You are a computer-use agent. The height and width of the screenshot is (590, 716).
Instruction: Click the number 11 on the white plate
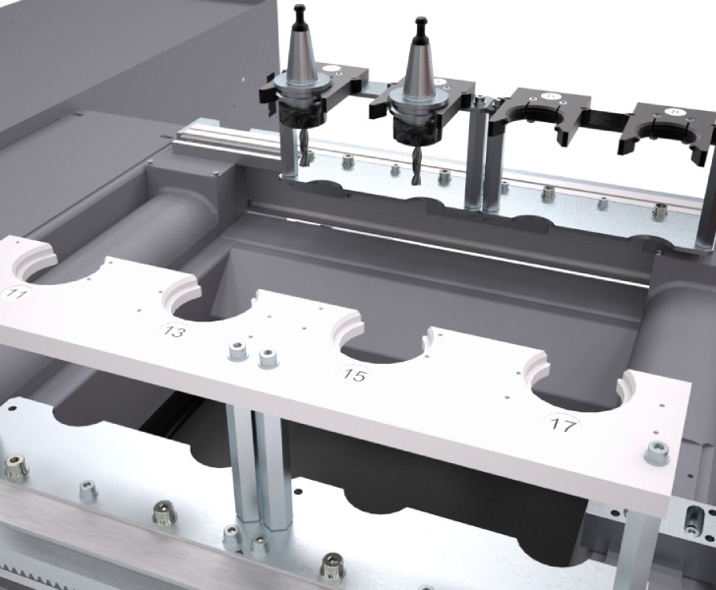tap(17, 293)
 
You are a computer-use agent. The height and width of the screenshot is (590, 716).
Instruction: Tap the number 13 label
tap(174, 333)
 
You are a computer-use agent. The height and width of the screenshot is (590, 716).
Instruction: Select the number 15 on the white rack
tap(352, 375)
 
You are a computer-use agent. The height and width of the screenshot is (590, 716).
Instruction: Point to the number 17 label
tap(563, 425)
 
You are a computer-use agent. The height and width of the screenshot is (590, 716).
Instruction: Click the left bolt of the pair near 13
tap(236, 351)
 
